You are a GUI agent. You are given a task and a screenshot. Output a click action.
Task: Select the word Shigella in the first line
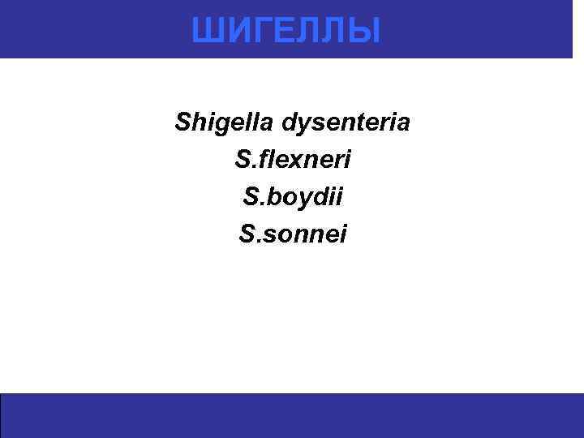[224, 123]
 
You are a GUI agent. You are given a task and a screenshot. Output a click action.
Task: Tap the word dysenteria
[346, 123]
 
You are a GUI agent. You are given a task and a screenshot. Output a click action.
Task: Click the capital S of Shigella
[182, 123]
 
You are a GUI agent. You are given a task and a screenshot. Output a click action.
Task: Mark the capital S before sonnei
[246, 234]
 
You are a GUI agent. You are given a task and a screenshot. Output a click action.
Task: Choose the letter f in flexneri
[262, 160]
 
